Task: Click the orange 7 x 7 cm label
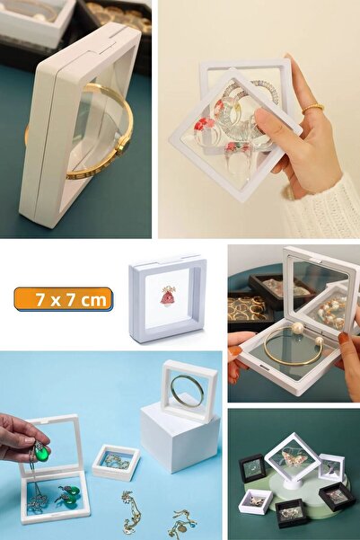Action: click(63, 299)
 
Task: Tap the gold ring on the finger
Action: click(312, 109)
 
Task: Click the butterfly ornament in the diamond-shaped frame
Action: click(292, 457)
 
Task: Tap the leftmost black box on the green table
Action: click(252, 468)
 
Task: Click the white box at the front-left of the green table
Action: click(255, 500)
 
